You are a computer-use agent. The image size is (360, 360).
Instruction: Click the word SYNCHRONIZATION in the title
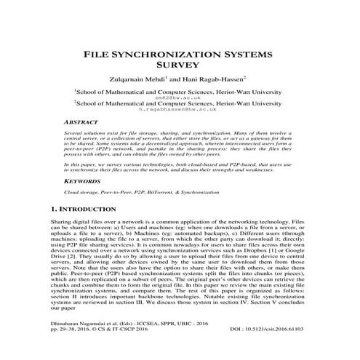pyautogui.click(x=179, y=54)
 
